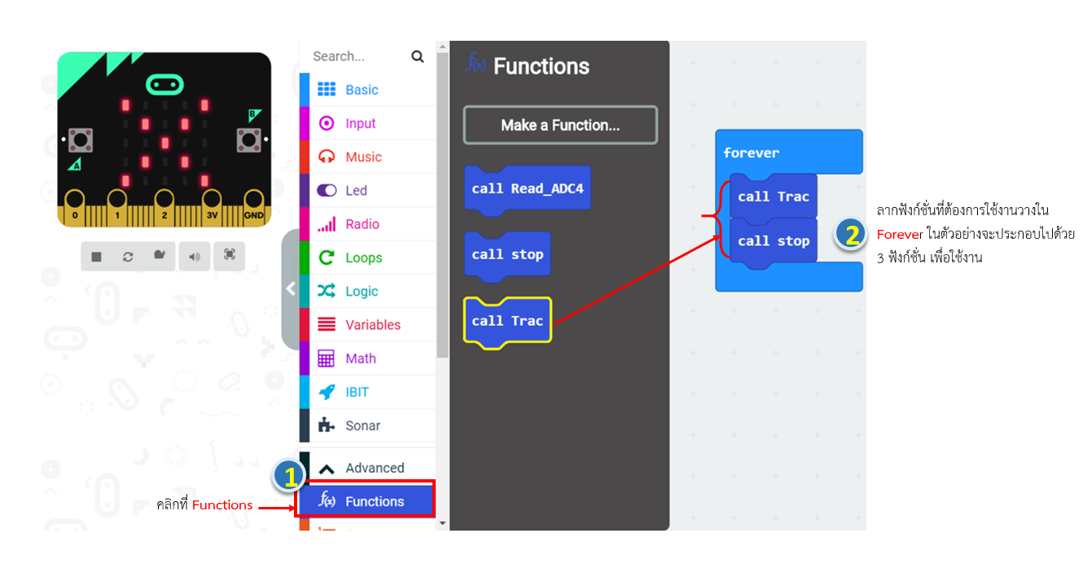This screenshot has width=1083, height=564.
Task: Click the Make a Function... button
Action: (560, 125)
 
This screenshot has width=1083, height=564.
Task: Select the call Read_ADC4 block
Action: (528, 189)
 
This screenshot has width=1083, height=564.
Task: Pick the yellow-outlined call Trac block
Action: (507, 321)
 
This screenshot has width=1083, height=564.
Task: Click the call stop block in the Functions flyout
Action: (507, 255)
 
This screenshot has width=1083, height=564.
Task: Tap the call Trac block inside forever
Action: (773, 197)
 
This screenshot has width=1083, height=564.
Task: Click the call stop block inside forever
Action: (773, 241)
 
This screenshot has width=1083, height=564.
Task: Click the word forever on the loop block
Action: (751, 153)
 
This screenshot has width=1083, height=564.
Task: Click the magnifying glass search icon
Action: (417, 56)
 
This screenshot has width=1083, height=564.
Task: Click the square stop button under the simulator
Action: (96, 256)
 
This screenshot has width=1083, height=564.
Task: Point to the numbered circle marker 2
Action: (850, 234)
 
